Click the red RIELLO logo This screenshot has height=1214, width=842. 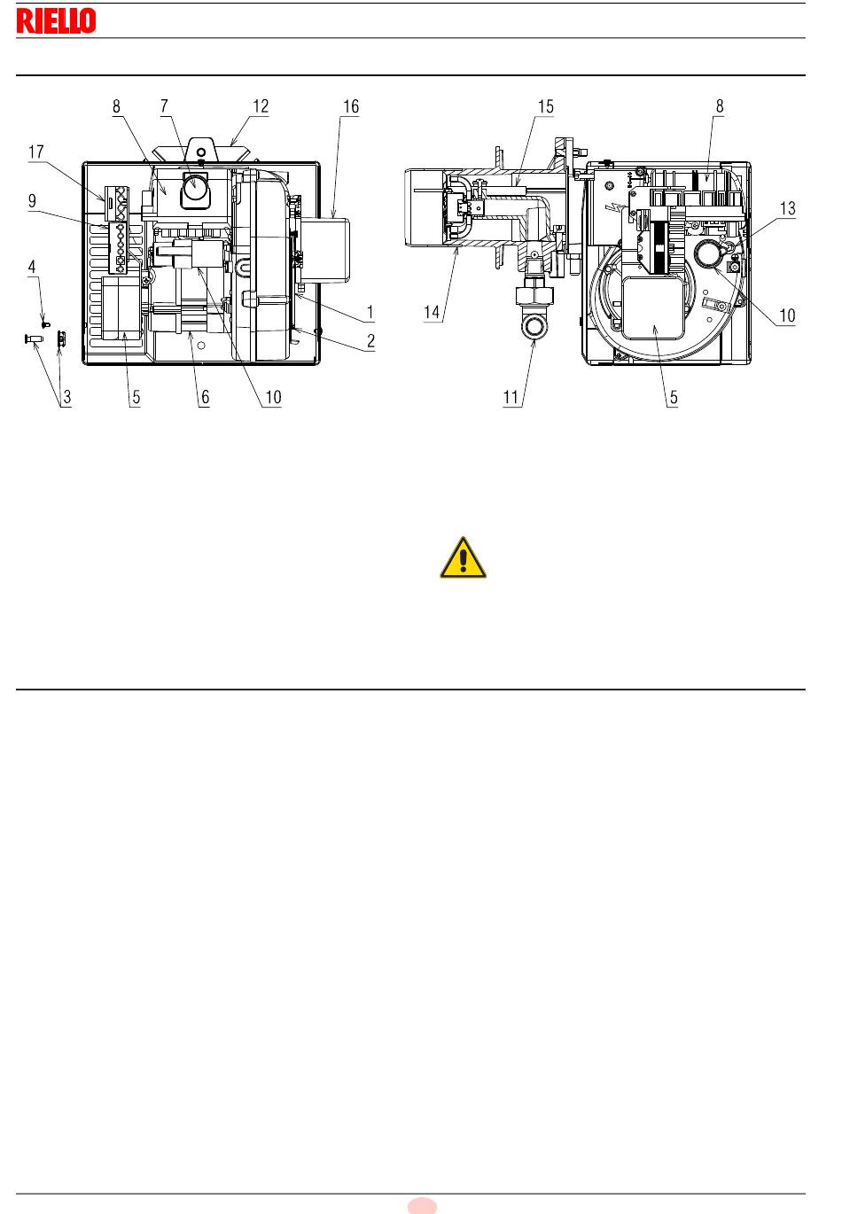point(56,20)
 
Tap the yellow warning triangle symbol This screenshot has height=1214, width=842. point(463,557)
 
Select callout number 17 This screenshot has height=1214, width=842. point(36,152)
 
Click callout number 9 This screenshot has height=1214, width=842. point(32,201)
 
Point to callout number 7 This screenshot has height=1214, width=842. point(164,106)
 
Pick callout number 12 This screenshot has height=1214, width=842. point(261,106)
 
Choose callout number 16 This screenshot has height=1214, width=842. point(351,106)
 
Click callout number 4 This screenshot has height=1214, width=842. point(32,267)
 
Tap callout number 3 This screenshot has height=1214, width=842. point(66,397)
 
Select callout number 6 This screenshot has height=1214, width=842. point(205,397)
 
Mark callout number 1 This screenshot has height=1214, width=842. point(370,312)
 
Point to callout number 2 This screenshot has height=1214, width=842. point(370,341)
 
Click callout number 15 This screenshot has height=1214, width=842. point(545,106)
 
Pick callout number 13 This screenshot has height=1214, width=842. point(787,208)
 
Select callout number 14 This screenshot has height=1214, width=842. point(432,312)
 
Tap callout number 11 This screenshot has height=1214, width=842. point(511,397)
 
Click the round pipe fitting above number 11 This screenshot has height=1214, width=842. point(535,328)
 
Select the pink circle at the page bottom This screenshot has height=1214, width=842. point(422,1206)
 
